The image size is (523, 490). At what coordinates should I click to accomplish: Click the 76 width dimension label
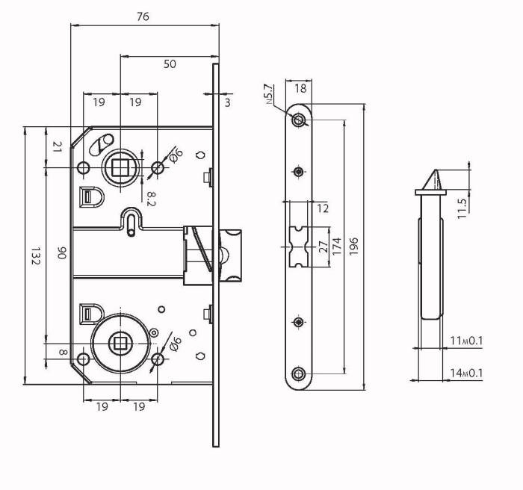click(143, 16)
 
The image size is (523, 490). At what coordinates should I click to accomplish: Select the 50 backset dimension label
click(170, 63)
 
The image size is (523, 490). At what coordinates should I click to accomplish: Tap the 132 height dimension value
click(35, 256)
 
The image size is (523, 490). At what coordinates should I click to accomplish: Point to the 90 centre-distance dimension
click(62, 252)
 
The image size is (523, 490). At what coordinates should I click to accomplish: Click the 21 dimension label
click(58, 146)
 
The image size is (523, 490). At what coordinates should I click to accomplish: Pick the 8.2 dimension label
click(151, 199)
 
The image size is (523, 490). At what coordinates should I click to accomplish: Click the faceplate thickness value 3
click(227, 102)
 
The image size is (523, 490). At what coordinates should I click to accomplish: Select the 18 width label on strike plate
click(300, 88)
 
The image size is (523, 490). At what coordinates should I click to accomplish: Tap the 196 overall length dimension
click(353, 246)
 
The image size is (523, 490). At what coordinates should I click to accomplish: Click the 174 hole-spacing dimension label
click(337, 246)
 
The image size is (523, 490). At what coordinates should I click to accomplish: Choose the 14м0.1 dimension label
click(466, 373)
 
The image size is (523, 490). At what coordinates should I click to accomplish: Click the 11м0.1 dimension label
click(466, 341)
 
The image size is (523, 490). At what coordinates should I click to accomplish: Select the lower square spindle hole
click(118, 344)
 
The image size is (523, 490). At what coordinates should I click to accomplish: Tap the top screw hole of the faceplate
click(298, 120)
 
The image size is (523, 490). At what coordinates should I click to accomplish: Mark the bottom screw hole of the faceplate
click(298, 374)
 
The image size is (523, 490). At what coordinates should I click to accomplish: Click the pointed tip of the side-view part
click(435, 170)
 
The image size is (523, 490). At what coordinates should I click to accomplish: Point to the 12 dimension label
click(323, 208)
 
